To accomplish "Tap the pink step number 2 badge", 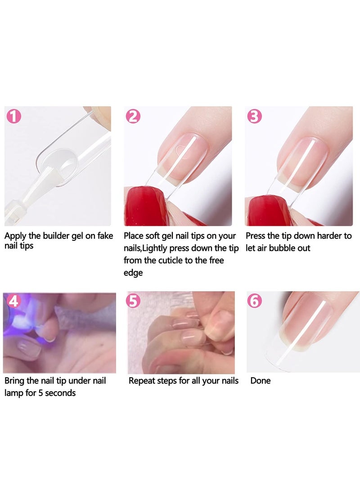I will pos(133,117).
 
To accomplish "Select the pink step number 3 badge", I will pos(255,117).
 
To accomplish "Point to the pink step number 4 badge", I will pos(13,301).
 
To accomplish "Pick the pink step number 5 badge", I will pos(133,301).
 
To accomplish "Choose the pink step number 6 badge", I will pos(255,301).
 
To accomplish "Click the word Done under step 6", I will pos(261,381).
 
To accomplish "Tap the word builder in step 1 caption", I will pos(56,236).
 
